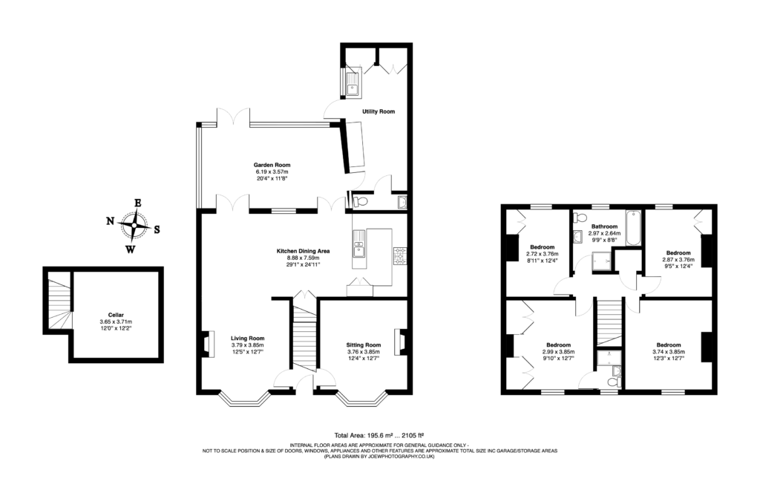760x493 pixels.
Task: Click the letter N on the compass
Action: (110, 221)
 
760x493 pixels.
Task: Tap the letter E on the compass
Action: (137, 202)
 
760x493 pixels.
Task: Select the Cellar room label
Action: (115, 314)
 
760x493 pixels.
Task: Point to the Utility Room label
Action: (379, 111)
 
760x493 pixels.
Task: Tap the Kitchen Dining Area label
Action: (303, 251)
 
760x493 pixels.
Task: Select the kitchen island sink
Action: (359, 242)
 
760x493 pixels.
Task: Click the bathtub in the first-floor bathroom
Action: (632, 228)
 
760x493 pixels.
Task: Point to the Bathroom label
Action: (604, 226)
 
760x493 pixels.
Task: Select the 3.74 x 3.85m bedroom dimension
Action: (667, 352)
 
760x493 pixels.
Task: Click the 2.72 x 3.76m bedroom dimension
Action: (543, 254)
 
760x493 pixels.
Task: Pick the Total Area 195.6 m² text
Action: (379, 436)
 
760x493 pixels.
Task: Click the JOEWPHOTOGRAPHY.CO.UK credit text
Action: (379, 457)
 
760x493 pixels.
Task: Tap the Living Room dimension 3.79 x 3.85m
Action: (246, 345)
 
